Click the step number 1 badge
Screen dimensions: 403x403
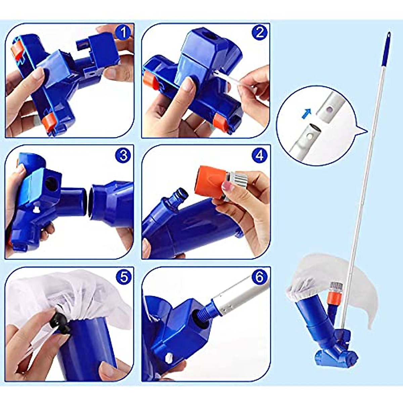click(123, 33)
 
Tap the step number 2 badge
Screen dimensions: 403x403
click(259, 33)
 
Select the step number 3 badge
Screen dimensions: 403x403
click(123, 155)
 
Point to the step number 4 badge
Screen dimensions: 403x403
click(259, 155)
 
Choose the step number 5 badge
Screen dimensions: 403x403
click(123, 277)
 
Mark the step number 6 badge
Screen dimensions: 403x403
click(259, 277)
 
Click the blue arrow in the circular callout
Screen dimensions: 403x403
click(305, 114)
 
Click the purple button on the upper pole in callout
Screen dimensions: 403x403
click(330, 109)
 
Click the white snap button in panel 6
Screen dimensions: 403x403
click(169, 357)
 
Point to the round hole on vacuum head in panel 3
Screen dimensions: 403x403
click(51, 184)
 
